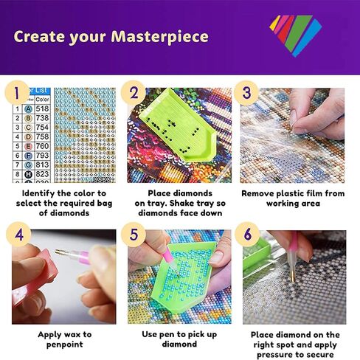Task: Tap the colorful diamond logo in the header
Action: click(294, 34)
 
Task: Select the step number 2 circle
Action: click(134, 94)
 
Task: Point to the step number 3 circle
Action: click(246, 94)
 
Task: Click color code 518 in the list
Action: click(42, 108)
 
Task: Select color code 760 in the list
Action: click(42, 146)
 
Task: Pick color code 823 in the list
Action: click(42, 175)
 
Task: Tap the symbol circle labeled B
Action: click(28, 117)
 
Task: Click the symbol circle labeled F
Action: click(28, 156)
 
